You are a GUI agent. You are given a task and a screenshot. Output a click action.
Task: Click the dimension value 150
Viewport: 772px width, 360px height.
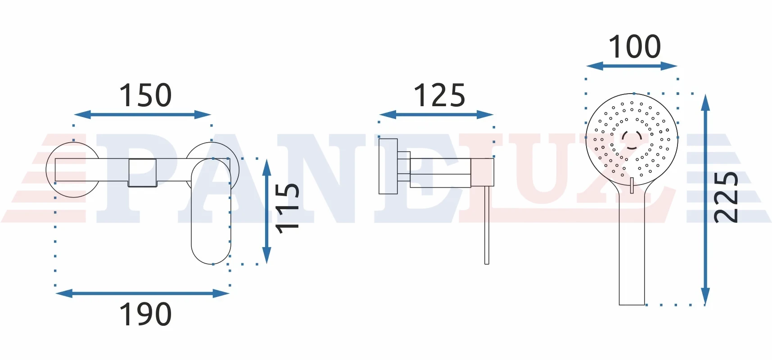coord(145,95)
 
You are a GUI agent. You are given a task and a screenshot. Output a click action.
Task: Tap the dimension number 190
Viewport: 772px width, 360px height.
coord(145,314)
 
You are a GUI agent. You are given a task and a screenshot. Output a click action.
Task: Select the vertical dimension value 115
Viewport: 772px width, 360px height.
coord(287,208)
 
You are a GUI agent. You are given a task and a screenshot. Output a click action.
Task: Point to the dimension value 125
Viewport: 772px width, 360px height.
coord(439,95)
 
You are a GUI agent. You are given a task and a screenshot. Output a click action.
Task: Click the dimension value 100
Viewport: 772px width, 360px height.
coord(635,46)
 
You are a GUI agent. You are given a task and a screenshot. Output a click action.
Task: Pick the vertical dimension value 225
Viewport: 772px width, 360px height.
coord(726,197)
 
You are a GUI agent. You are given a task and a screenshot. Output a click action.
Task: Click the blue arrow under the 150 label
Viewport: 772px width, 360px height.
coord(143,115)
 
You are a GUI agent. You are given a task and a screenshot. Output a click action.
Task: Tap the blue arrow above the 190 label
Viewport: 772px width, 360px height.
coord(143,293)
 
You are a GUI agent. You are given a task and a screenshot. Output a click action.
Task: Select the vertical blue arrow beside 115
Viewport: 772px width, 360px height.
coord(267,211)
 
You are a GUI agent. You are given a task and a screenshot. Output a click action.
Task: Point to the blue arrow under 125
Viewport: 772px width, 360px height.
coord(436,115)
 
